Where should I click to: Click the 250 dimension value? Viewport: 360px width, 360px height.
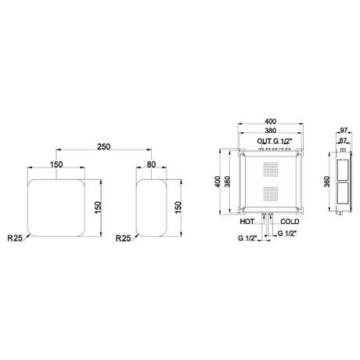point(104,146)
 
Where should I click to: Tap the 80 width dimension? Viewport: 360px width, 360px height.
point(151,164)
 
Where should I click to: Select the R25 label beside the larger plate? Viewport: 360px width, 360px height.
point(15,238)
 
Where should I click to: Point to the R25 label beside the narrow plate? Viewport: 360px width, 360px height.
point(123,238)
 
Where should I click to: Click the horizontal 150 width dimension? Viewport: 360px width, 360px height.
point(56,164)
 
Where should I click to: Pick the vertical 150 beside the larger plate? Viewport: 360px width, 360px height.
point(98,207)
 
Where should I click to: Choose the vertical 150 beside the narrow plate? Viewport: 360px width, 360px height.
point(178,207)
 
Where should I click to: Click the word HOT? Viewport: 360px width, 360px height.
point(247,221)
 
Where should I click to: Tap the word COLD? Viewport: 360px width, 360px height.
point(290,221)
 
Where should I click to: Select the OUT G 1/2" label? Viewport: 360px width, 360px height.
point(275,141)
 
